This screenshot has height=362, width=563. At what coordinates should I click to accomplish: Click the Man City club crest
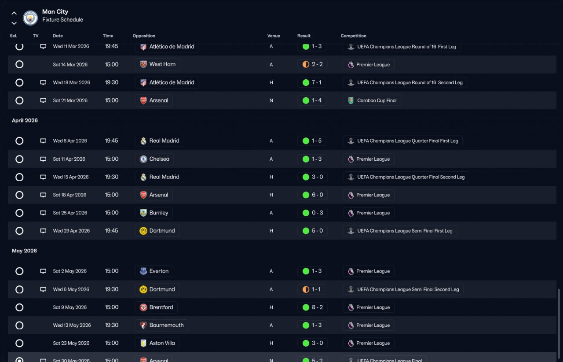tap(30, 18)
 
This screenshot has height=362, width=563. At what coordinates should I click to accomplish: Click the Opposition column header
tap(144, 36)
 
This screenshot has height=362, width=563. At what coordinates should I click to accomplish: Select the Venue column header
tap(273, 36)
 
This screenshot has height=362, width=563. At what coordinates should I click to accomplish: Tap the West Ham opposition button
tap(157, 64)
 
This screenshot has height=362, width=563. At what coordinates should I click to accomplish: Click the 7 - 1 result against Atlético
tap(312, 82)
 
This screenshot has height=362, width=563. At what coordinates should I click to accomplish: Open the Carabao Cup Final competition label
tap(372, 100)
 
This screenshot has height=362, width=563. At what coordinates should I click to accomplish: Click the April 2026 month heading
tap(25, 121)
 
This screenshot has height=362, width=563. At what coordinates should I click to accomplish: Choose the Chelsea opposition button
tap(154, 159)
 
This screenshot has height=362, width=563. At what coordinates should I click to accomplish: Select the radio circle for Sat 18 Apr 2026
tap(19, 195)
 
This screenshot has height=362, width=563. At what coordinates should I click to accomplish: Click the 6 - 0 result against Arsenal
tap(312, 195)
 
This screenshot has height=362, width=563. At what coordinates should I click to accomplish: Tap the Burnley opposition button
tap(154, 213)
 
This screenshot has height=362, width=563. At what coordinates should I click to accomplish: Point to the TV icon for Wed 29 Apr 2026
tap(43, 231)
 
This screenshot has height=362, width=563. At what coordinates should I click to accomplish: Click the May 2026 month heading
tap(24, 251)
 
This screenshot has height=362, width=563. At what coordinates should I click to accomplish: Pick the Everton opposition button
tap(154, 271)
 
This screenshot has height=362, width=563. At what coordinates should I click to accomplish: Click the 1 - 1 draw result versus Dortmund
tap(312, 289)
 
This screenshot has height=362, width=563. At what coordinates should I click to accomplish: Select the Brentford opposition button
tap(156, 307)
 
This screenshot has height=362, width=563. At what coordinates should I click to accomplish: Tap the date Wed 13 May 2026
tap(72, 325)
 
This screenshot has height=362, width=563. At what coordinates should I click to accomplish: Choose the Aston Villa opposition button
tap(157, 343)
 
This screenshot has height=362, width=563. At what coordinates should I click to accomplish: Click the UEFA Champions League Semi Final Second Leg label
tap(403, 289)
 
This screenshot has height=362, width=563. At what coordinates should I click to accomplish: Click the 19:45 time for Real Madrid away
tap(111, 141)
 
